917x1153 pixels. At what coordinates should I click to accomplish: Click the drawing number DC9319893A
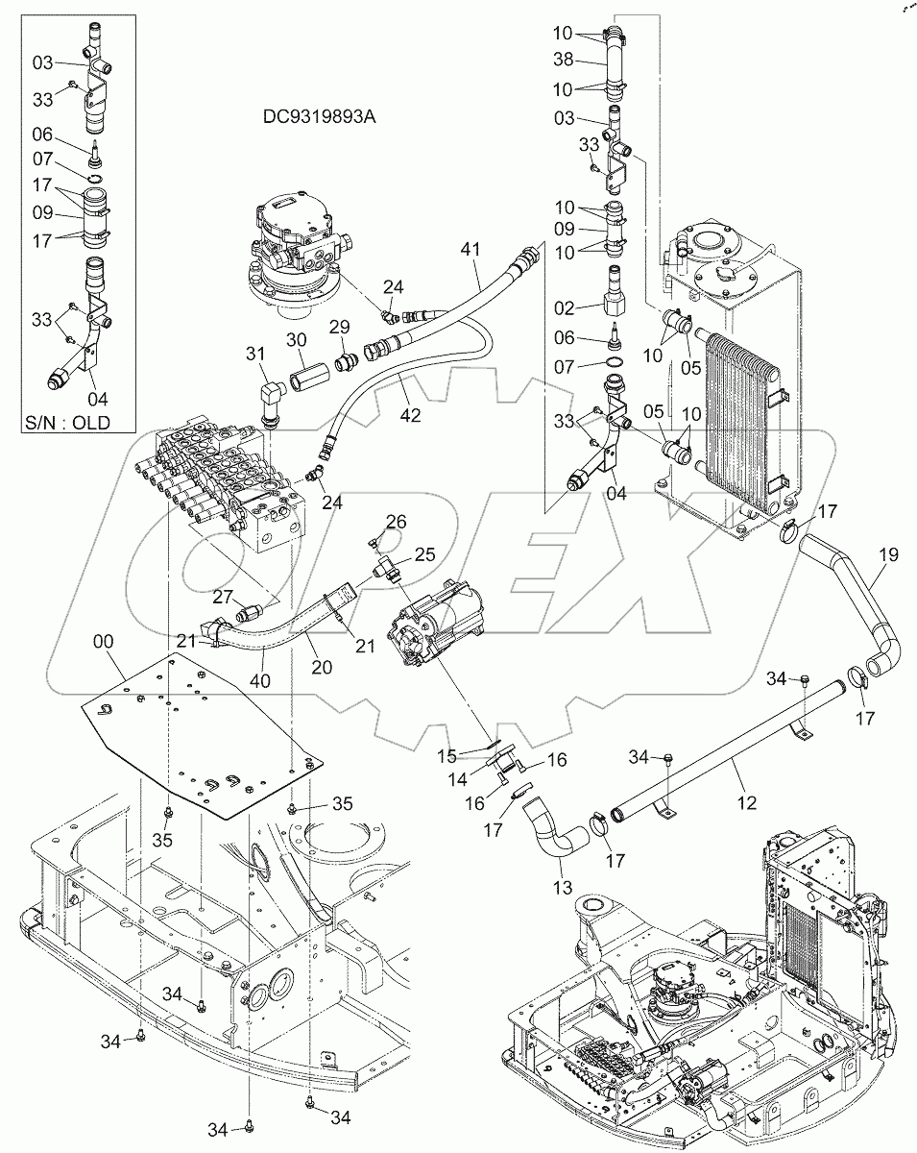tap(320, 117)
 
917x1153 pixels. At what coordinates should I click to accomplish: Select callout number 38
tap(563, 60)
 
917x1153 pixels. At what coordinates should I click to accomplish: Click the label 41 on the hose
tap(469, 252)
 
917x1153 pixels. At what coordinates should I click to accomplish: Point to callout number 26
tap(396, 522)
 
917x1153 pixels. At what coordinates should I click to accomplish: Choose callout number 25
tap(424, 555)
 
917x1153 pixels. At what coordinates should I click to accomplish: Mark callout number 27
tap(223, 596)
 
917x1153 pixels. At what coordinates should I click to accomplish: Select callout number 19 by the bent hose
tap(888, 554)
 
